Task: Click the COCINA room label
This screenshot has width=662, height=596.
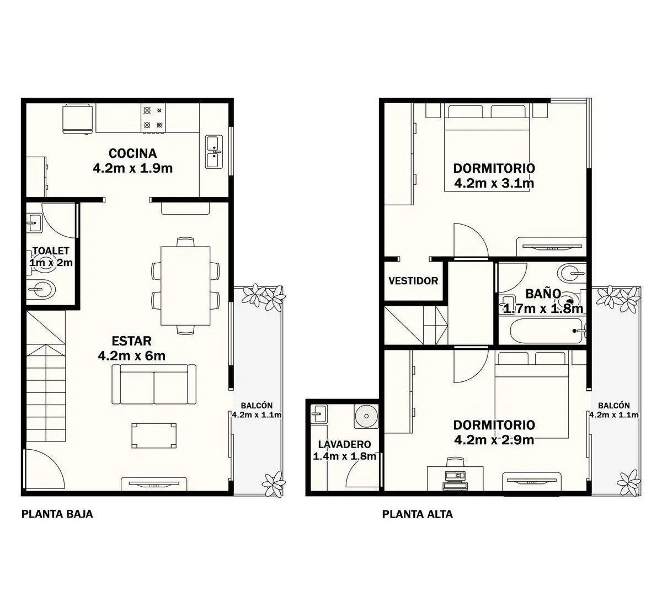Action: click(132, 153)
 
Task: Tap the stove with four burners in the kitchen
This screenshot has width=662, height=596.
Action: click(153, 118)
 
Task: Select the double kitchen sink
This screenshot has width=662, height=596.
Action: click(214, 152)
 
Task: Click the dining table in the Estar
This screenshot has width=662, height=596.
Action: click(185, 286)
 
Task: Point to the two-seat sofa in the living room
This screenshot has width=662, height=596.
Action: click(154, 384)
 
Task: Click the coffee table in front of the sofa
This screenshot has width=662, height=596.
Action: click(154, 436)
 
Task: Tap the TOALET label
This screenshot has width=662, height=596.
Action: click(51, 251)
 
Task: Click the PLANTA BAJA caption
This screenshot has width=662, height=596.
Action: click(57, 514)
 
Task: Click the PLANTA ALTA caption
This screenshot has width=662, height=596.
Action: click(418, 514)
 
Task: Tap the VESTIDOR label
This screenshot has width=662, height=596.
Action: click(413, 281)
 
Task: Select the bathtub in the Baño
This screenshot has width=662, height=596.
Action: click(547, 331)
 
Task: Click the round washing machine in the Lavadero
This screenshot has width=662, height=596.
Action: click(366, 417)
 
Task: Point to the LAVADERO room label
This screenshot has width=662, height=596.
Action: click(344, 444)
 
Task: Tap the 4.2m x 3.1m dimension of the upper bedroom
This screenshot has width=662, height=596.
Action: click(494, 183)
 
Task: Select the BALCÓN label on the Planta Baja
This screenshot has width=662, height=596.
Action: click(257, 406)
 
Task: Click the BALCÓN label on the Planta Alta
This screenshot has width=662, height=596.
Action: click(614, 406)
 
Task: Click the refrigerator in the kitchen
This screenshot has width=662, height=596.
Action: click(77, 119)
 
